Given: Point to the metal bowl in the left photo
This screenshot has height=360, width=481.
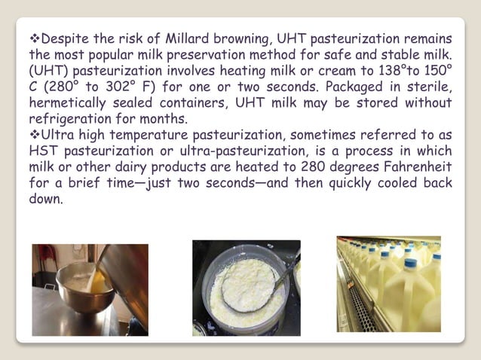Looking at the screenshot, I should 82,290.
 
